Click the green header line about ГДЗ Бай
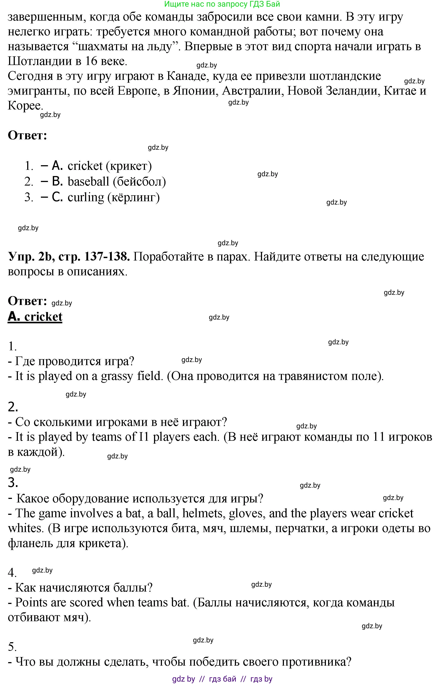[222, 4]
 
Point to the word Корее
[25, 105]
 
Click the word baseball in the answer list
[88, 181]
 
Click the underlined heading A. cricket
[35, 316]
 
